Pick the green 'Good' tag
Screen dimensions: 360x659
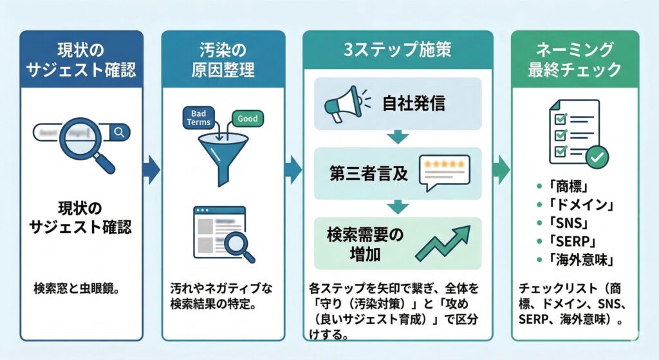(247, 118)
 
